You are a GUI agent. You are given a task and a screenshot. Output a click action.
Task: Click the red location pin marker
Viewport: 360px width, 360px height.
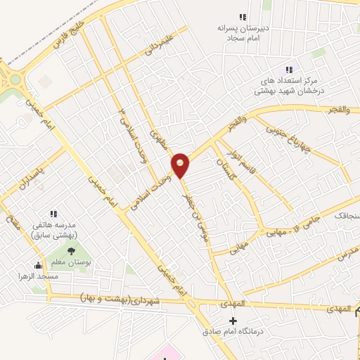click(x=181, y=165)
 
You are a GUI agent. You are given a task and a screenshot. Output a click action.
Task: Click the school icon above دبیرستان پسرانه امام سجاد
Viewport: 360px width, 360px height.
click(x=243, y=17)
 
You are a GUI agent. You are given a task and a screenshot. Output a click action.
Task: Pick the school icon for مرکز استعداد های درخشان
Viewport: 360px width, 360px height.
click(x=287, y=70)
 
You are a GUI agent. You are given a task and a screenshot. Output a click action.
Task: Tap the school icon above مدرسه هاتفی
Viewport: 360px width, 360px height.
click(x=53, y=214)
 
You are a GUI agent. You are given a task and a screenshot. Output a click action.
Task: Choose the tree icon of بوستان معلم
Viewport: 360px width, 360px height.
click(x=70, y=251)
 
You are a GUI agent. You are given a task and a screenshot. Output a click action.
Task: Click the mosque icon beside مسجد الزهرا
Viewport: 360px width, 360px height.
click(x=38, y=266)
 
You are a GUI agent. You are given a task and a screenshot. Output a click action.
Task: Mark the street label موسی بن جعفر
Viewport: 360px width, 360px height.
click(x=195, y=204)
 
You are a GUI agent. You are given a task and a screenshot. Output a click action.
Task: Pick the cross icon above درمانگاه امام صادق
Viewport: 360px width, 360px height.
click(x=233, y=321)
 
